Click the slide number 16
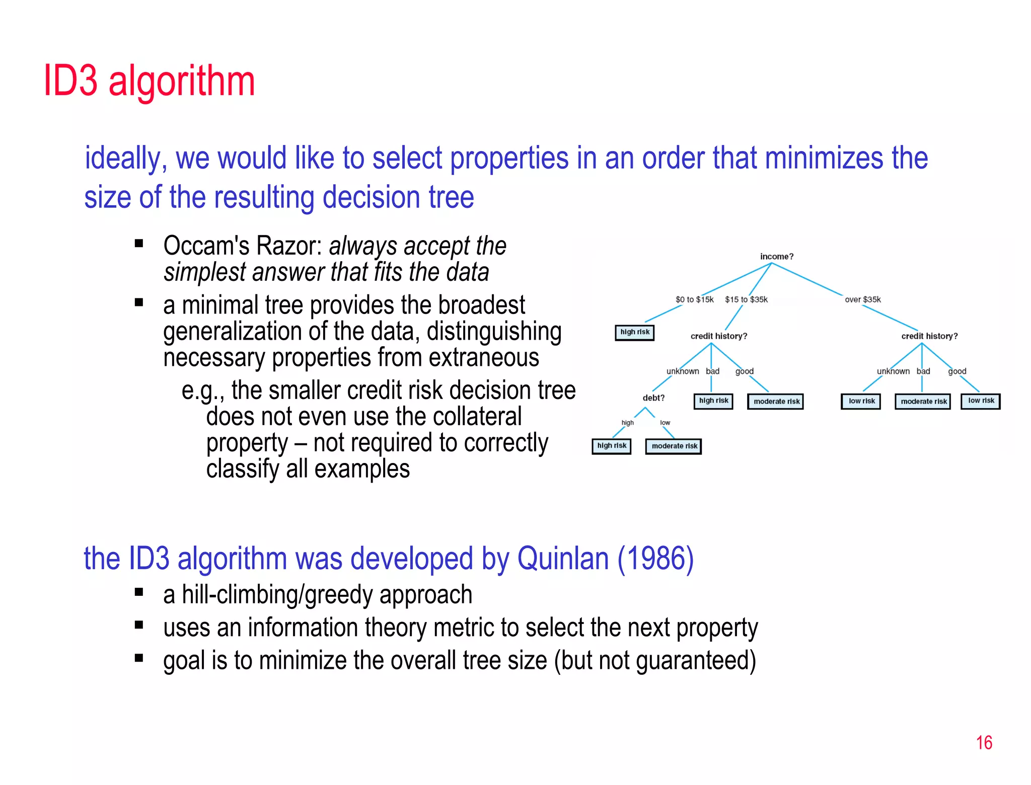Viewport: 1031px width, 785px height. click(984, 743)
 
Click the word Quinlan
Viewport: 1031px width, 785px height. click(563, 559)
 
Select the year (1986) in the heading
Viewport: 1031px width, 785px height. click(655, 559)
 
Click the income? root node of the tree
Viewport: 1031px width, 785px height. click(776, 257)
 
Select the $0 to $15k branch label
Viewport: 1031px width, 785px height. click(694, 299)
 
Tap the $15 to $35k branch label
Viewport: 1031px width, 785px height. click(746, 299)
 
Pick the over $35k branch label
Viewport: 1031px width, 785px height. click(863, 299)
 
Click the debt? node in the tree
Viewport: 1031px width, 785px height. click(653, 398)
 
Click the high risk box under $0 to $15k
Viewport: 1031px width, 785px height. click(634, 332)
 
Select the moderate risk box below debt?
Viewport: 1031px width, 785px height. click(674, 446)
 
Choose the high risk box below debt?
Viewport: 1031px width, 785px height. click(611, 446)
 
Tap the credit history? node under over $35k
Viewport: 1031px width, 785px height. click(929, 336)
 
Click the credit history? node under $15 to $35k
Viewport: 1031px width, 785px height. click(718, 336)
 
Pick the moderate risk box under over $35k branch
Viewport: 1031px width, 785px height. click(923, 402)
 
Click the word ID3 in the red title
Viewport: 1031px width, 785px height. click(70, 81)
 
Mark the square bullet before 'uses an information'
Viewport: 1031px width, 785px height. click(139, 625)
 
